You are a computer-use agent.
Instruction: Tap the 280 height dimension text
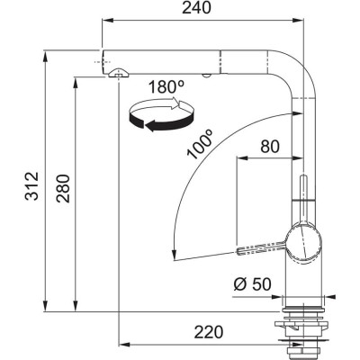[62, 186]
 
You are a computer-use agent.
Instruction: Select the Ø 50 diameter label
[253, 283]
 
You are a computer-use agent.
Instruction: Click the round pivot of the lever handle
[301, 240]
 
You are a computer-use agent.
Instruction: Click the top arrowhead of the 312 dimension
[44, 56]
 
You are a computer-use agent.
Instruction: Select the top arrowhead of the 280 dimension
[75, 81]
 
